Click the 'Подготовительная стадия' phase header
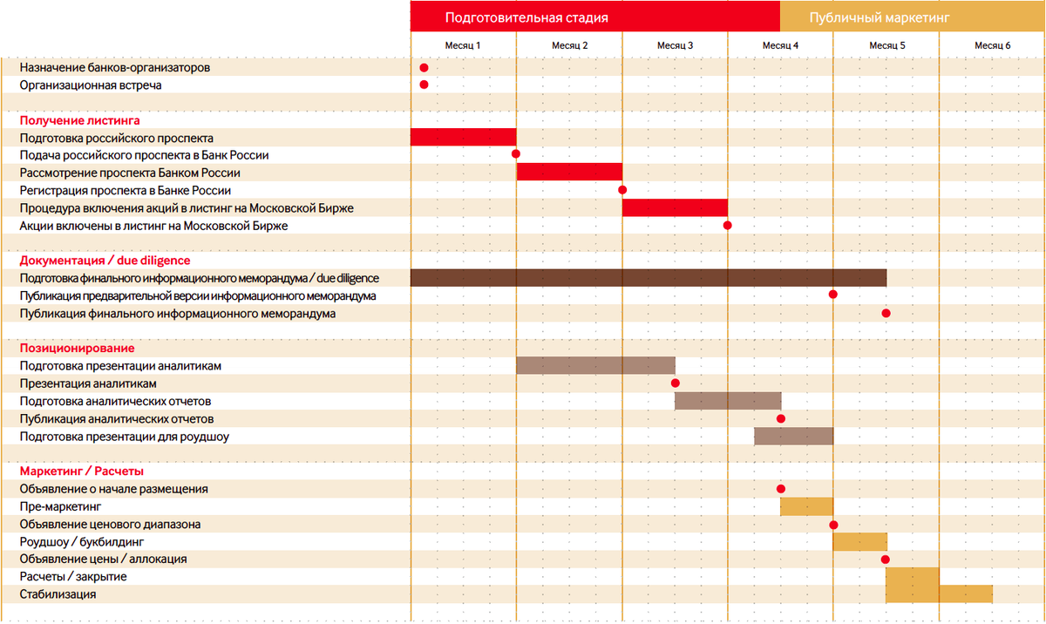pos(526,17)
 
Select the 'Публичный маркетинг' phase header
pos(879,17)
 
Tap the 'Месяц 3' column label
pos(675,45)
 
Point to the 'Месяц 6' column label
pos(992,45)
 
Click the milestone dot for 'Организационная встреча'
pos(424,85)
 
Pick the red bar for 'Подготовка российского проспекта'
pos(463,137)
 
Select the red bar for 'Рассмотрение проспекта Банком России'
pos(569,172)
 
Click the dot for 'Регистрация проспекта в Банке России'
pos(622,190)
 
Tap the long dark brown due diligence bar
pos(648,278)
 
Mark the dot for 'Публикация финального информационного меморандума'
pos(886,313)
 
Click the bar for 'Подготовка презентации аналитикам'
pos(595,366)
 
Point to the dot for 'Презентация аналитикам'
pos(676,383)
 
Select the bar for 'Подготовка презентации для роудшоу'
pos(793,436)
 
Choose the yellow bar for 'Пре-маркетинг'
pos(806,506)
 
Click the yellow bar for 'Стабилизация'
pos(966,593)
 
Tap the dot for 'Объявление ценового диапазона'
pos(834,525)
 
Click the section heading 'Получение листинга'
pos(79,120)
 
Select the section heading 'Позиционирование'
pos(77,348)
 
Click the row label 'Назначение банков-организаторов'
pos(115,67)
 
